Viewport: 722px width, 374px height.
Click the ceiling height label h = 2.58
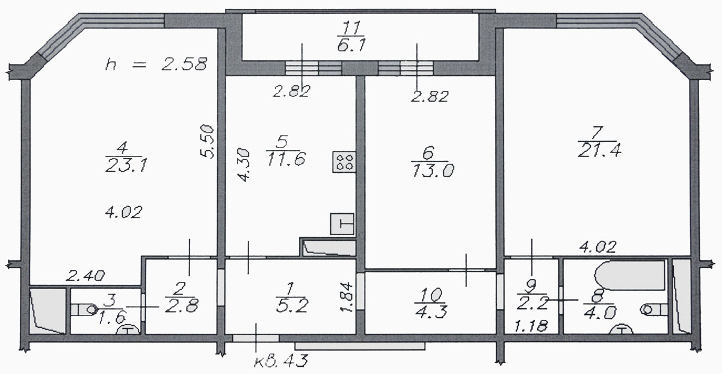pos(156,64)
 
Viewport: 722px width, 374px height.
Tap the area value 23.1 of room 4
pos(126,166)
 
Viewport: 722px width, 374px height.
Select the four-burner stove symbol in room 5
pos(344,161)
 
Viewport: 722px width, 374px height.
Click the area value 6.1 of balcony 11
pos(351,44)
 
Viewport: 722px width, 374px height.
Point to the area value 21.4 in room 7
pos(599,151)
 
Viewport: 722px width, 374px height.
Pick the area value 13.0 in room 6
pos(433,170)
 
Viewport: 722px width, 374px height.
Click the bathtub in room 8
pos(629,276)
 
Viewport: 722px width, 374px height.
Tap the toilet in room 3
pos(84,310)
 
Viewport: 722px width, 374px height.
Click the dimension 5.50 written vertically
pos(207,142)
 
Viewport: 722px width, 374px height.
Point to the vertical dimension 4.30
pos(243,165)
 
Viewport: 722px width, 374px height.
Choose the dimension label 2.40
pos(85,276)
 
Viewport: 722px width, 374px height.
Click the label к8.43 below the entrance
pos(281,361)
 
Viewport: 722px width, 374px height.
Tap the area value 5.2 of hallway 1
pos(292,305)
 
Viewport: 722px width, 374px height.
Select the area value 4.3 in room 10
pos(431,311)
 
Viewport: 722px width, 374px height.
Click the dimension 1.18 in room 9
pos(531,326)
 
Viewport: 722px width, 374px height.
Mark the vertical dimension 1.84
pos(347,297)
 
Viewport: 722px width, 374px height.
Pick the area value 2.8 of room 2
pos(182,305)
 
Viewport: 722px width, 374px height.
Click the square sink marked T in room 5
pos(342,223)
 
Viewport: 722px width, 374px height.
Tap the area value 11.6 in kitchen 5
pos(286,159)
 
